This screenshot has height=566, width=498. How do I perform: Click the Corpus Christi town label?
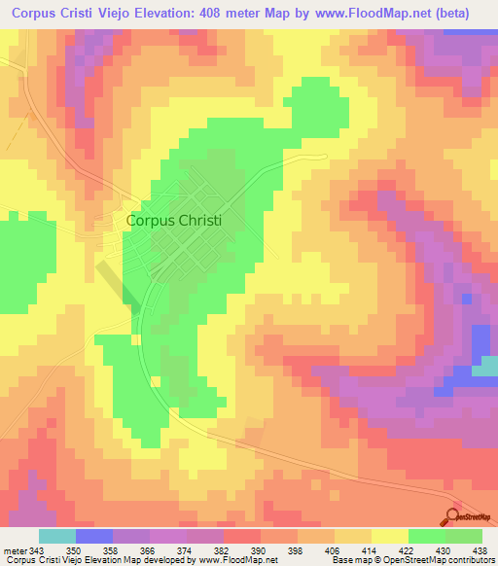174,221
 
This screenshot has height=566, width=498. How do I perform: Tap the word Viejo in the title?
122,12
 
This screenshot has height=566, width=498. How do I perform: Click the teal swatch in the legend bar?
56,536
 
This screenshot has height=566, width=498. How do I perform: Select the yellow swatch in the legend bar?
389,536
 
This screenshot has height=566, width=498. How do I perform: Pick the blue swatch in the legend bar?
93,536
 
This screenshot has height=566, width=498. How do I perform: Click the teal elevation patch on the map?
485,367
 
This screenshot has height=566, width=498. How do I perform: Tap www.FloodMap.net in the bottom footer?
235,560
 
